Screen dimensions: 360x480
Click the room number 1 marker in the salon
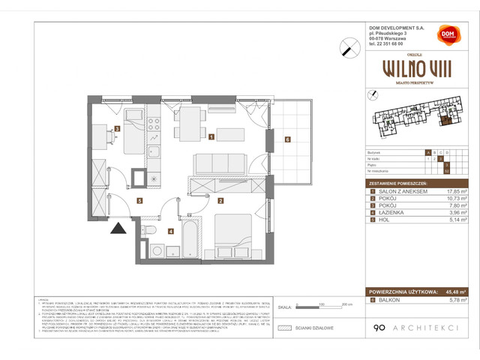213,136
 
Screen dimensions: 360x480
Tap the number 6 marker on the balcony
286,139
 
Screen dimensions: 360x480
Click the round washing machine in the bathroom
158,252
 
